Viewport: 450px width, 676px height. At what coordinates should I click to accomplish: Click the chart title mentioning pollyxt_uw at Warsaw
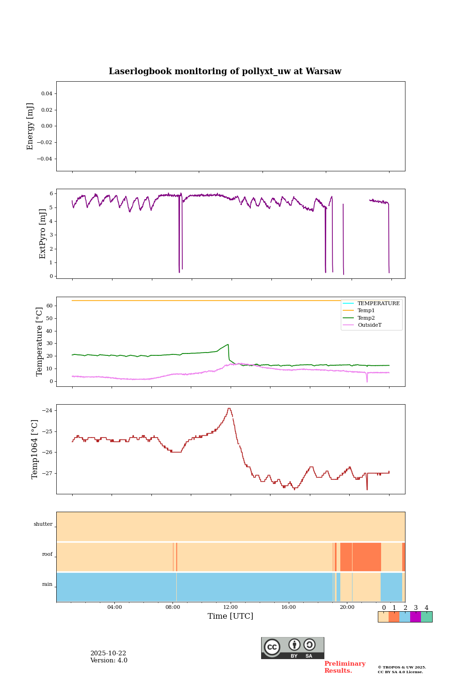coord(225,71)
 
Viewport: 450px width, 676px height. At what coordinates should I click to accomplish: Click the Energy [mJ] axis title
coord(30,126)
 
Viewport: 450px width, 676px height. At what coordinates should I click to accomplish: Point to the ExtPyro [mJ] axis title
coord(43,234)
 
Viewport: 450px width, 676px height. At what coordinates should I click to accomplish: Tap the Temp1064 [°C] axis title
coord(35,449)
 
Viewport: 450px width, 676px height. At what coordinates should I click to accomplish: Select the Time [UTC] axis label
coord(230,616)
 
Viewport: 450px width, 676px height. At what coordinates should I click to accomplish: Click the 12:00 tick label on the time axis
coord(231,607)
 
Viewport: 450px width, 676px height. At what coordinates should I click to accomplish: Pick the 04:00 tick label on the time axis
coord(114,607)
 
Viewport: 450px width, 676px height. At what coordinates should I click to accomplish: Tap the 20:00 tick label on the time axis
coord(347,607)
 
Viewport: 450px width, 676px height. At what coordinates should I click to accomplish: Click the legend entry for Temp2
coord(366,318)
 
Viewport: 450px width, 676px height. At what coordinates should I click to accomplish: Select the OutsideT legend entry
coord(369,325)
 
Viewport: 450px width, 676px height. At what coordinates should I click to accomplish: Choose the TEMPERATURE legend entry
coord(378,303)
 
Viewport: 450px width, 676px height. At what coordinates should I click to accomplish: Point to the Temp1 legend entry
coord(366,311)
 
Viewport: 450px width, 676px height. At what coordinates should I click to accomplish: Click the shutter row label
coord(43,524)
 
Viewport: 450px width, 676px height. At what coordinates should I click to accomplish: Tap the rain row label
coord(47,584)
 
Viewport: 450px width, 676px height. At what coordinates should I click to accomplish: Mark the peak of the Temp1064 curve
coord(229,408)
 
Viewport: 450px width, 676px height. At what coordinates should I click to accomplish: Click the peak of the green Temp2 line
coord(228,345)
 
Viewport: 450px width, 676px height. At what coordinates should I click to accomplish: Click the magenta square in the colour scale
coord(415,617)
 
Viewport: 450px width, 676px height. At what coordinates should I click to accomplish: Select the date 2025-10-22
coord(108,653)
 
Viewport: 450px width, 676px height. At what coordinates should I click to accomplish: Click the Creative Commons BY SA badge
coord(292,648)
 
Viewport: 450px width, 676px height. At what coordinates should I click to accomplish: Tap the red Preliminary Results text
coord(345,667)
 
